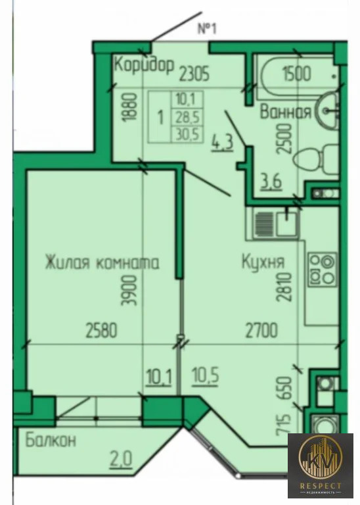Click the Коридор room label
click(x=143, y=66)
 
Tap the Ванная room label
click(x=284, y=112)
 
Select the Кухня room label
click(x=262, y=262)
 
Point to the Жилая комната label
click(x=102, y=262)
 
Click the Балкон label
click(x=51, y=440)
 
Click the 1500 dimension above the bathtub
click(x=296, y=73)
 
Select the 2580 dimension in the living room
click(x=101, y=329)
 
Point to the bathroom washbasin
click(x=326, y=110)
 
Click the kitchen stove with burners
click(x=322, y=269)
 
